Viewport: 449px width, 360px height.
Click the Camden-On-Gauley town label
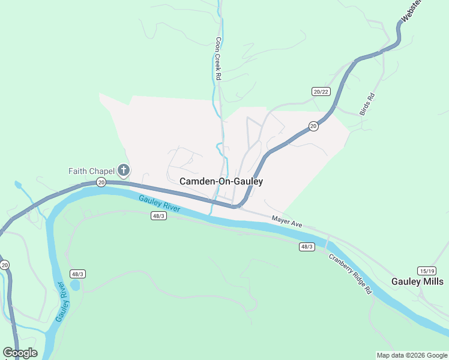(x=221, y=181)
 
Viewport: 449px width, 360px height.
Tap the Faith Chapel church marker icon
(x=124, y=171)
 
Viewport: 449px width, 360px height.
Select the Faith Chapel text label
(x=91, y=171)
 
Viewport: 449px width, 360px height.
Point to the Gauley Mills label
(x=418, y=281)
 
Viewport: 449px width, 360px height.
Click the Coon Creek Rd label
(x=218, y=59)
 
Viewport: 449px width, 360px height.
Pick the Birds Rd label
(x=367, y=104)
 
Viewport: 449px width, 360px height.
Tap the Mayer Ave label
(x=286, y=222)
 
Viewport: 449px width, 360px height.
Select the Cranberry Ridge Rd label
(x=351, y=274)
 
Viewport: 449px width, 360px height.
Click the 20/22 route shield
(x=321, y=91)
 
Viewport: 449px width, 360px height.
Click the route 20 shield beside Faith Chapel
(x=101, y=182)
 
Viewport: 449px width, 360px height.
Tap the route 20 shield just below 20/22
(x=313, y=125)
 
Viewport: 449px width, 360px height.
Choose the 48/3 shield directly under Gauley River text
(x=158, y=216)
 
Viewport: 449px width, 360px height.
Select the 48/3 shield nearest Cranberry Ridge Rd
(x=307, y=247)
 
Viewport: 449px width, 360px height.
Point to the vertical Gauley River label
(x=61, y=301)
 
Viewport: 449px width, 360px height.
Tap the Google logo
(x=20, y=353)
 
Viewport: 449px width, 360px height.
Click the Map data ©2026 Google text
(x=412, y=355)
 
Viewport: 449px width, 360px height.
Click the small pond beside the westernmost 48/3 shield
(x=75, y=285)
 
